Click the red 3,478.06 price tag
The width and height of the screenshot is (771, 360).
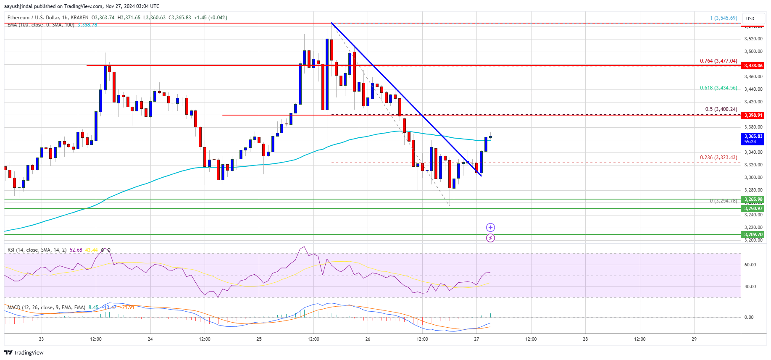pyautogui.click(x=753, y=66)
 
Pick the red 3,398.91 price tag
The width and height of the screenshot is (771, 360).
pyautogui.click(x=753, y=115)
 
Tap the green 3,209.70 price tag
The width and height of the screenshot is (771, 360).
pyautogui.click(x=753, y=235)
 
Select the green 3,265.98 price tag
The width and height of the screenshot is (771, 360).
pyautogui.click(x=753, y=200)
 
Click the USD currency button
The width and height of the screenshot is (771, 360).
pyautogui.click(x=750, y=18)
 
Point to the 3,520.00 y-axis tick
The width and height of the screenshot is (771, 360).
pyautogui.click(x=753, y=39)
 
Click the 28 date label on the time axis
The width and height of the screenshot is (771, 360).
pyautogui.click(x=585, y=339)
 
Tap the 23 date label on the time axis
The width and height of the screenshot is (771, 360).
pyautogui.click(x=41, y=339)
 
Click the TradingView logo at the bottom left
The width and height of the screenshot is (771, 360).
pyautogui.click(x=24, y=352)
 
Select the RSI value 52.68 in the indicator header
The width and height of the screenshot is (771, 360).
pyautogui.click(x=76, y=250)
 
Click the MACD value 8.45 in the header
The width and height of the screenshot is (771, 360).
pyautogui.click(x=93, y=307)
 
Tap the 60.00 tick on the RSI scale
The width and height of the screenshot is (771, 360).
pyautogui.click(x=750, y=265)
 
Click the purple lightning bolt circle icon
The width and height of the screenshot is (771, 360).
pyautogui.click(x=490, y=238)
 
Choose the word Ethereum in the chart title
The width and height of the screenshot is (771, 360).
pyautogui.click(x=18, y=18)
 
